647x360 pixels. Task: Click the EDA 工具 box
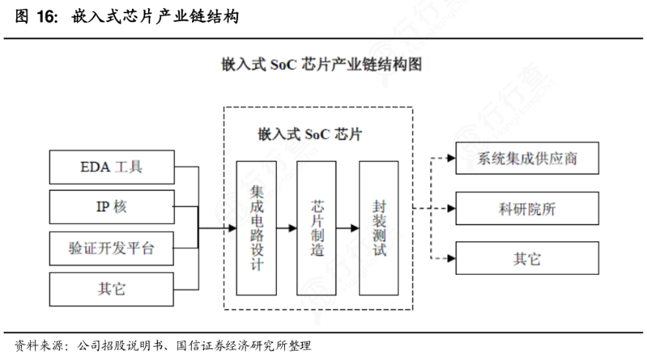(x=112, y=167)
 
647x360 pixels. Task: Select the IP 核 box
(x=112, y=207)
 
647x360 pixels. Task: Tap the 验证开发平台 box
(x=112, y=249)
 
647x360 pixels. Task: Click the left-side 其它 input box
(x=112, y=289)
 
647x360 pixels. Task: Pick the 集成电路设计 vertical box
(x=256, y=228)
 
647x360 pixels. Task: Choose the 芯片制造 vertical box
(x=317, y=228)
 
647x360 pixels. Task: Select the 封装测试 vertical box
(x=378, y=228)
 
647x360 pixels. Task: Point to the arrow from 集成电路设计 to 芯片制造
(x=286, y=228)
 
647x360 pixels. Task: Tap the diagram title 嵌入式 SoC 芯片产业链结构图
(x=322, y=65)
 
